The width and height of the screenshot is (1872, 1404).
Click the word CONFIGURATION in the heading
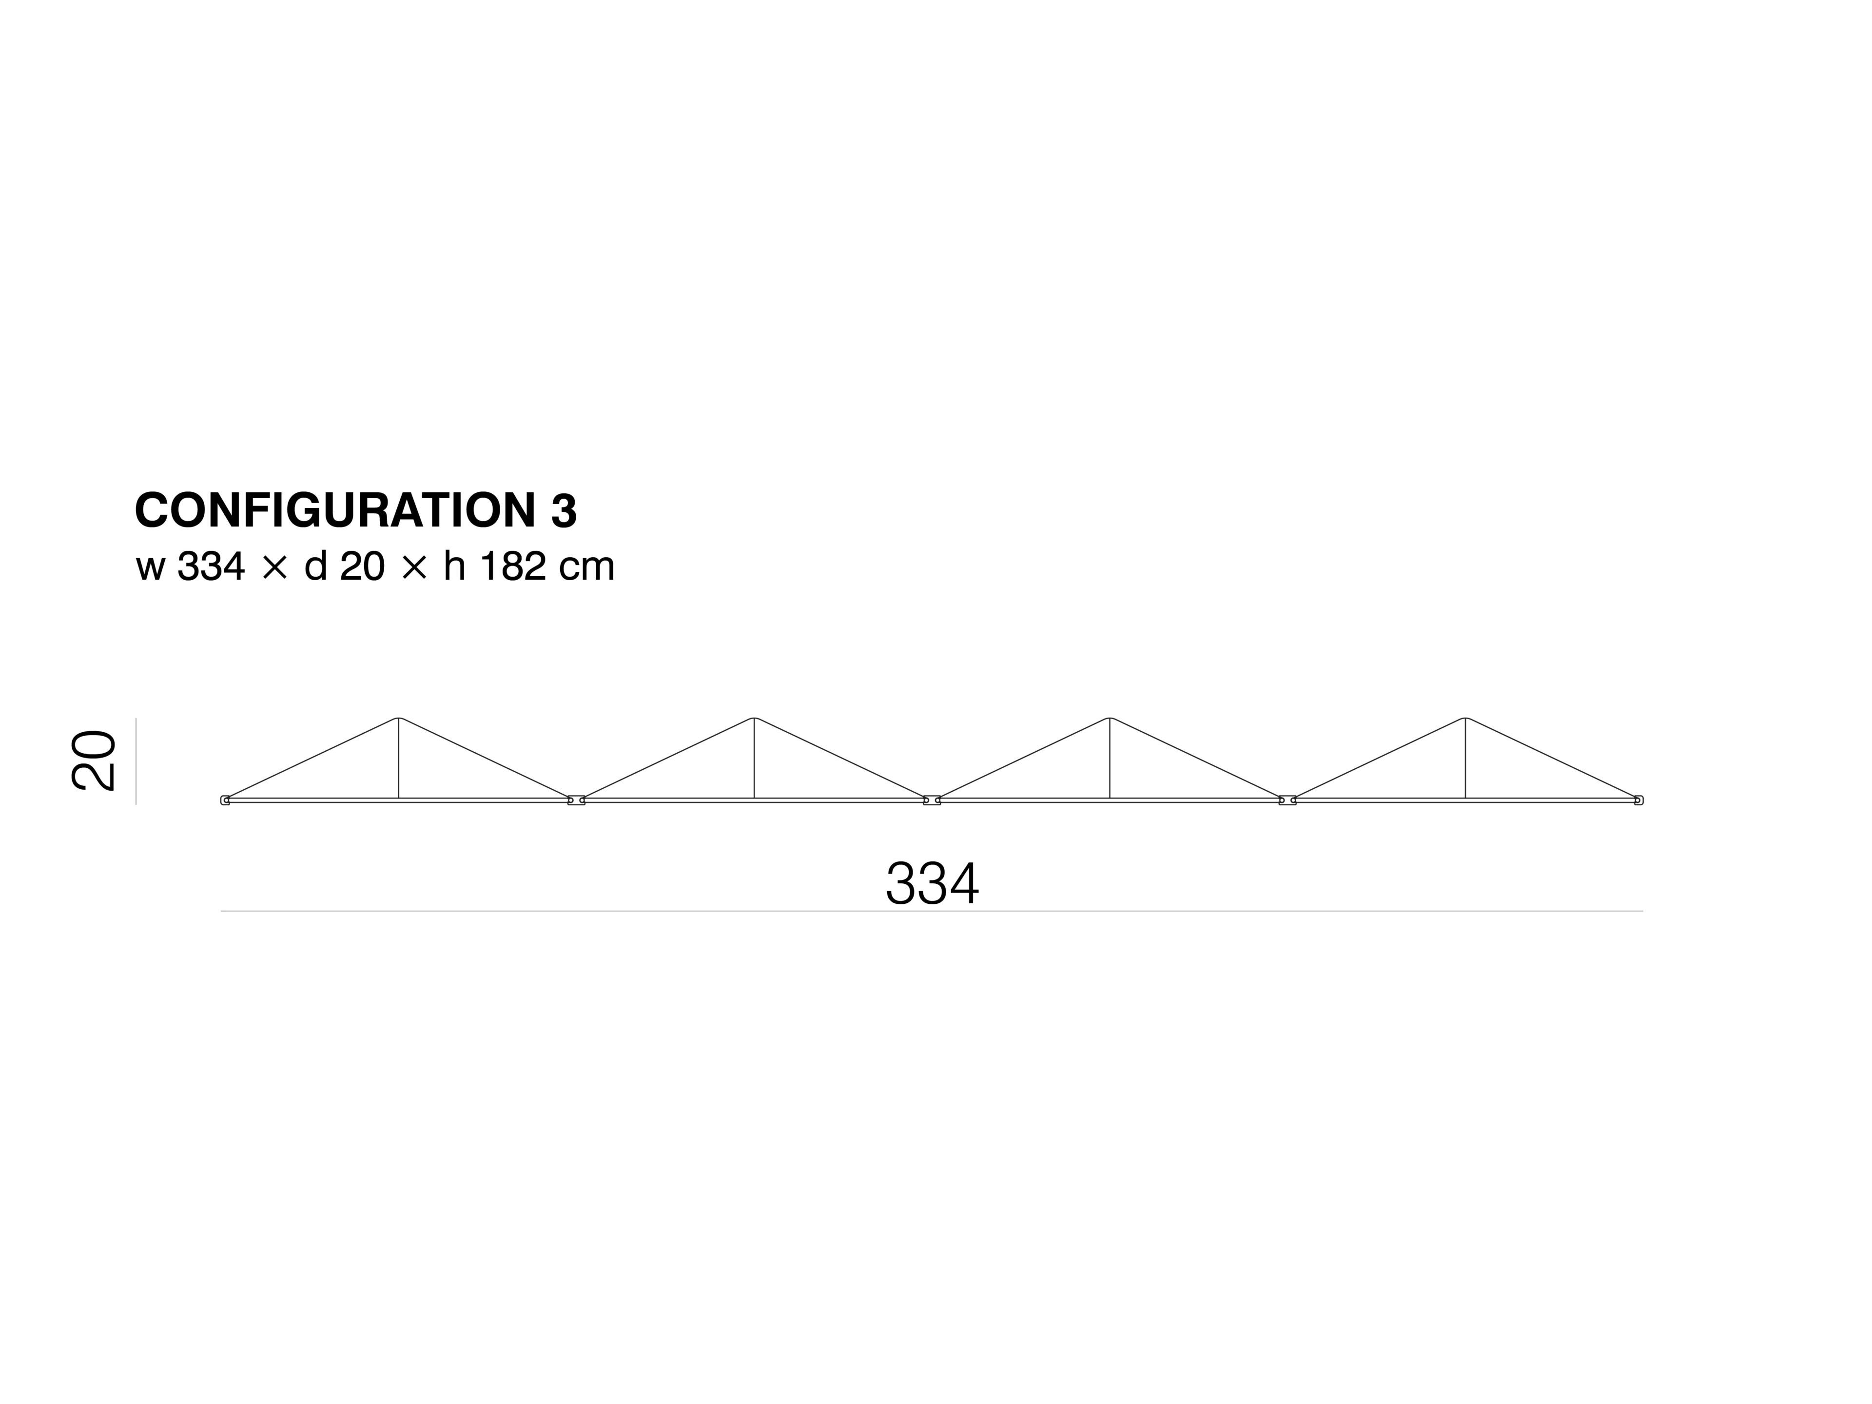click(x=335, y=511)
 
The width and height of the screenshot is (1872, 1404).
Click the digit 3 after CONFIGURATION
click(x=564, y=511)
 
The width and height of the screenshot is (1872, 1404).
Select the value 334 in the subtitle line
click(x=211, y=567)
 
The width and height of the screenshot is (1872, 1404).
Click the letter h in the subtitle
click(x=454, y=567)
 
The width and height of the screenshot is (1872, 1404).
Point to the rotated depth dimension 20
click(x=93, y=761)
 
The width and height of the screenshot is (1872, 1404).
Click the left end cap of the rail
click(x=225, y=800)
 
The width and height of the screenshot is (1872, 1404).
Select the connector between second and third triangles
click(x=932, y=800)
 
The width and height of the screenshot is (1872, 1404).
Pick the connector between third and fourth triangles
click(x=1287, y=800)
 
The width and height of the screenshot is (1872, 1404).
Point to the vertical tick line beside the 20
click(x=136, y=761)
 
